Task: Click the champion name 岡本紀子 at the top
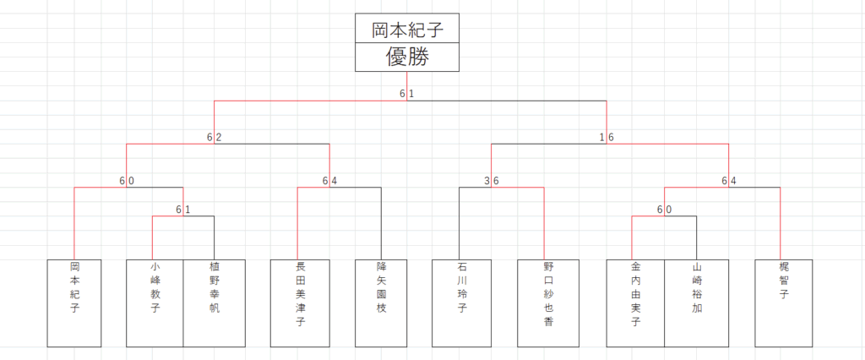point(407,30)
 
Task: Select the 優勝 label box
point(407,57)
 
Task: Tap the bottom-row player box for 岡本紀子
point(74,303)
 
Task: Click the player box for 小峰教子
point(155,303)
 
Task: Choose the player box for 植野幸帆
point(215,303)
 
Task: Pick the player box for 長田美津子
point(299,303)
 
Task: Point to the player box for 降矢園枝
point(382,303)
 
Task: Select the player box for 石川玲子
point(461,303)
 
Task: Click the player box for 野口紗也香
point(547,303)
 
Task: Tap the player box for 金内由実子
point(635,303)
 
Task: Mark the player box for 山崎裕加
point(697,303)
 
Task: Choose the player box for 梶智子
point(784,303)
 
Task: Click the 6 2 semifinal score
point(214,137)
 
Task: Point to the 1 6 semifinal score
point(606,137)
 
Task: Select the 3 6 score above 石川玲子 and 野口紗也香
point(492,180)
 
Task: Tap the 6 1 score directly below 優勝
point(407,93)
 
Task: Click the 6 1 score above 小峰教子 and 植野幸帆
point(183,209)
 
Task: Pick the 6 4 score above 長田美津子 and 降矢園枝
point(329,180)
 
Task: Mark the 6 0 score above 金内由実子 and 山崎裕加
point(664,209)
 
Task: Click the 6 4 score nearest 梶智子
point(729,180)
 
